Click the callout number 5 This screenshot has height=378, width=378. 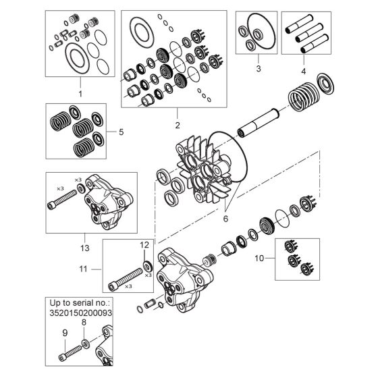[x=121, y=132]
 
